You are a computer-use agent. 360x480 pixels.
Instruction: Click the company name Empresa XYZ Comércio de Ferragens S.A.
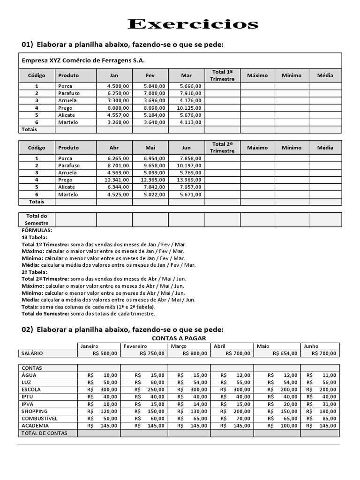tap(83, 60)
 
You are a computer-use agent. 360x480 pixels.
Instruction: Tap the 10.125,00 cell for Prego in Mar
tap(189, 108)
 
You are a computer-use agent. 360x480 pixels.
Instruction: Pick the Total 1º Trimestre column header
tap(222, 75)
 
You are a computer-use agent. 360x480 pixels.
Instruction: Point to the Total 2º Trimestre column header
tap(222, 147)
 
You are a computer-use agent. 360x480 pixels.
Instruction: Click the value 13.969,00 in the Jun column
tap(189, 180)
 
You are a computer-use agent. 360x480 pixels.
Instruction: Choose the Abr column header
tap(114, 147)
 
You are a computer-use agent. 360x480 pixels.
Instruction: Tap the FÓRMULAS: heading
tap(37, 231)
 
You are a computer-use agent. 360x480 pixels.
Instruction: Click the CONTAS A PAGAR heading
tap(179, 338)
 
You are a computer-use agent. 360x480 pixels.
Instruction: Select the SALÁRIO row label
tap(33, 353)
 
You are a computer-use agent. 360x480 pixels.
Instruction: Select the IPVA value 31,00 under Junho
tap(329, 404)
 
